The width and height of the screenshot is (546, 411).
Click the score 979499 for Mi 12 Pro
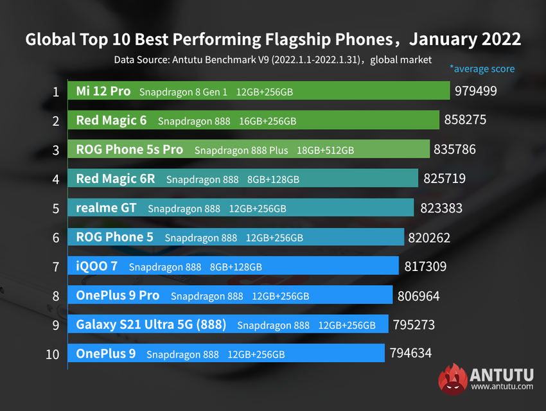point(476,91)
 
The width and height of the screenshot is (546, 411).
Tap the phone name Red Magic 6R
point(116,179)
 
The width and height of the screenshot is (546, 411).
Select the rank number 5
point(56,208)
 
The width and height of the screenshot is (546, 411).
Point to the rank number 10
point(53,354)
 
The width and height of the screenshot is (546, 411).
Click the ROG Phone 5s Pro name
point(129,150)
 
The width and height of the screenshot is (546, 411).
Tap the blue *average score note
point(482,68)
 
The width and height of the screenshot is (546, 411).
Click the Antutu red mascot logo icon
point(452,380)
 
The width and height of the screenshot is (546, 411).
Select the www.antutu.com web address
point(502,387)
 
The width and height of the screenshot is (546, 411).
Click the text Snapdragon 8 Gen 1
point(184,92)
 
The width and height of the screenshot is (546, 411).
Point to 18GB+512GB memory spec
point(325,150)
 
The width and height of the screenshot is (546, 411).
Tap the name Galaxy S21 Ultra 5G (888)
point(151,325)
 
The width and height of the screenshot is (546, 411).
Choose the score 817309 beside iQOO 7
point(425,266)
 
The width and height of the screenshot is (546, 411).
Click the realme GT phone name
point(107,208)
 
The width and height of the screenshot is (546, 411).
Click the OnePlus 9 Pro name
point(118,295)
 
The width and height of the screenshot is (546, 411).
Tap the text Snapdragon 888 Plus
point(241,150)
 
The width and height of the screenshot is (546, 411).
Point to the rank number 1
point(56,91)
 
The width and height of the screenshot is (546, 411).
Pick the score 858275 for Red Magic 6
point(465,120)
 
